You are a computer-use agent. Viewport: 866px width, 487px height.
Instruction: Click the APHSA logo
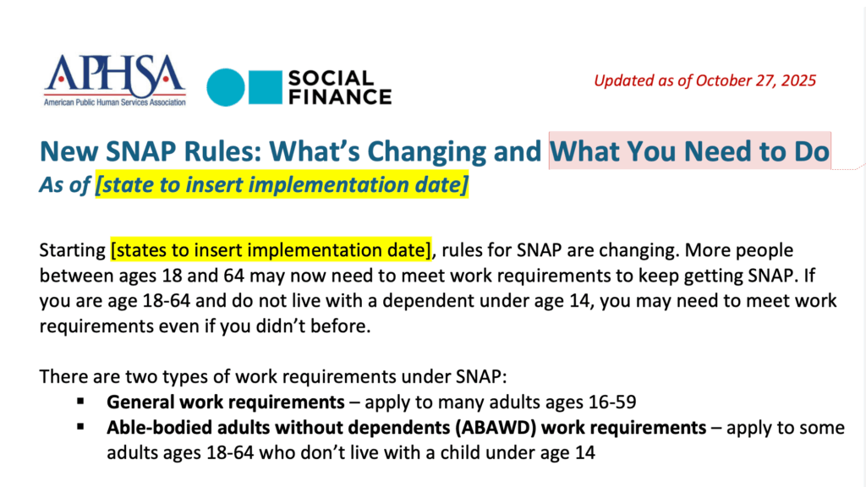click(x=115, y=80)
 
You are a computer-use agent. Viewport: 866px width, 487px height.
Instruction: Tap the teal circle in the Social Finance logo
click(x=225, y=87)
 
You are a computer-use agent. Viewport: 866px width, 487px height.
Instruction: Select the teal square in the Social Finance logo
click(x=266, y=87)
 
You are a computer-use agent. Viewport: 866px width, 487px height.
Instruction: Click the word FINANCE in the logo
click(x=340, y=96)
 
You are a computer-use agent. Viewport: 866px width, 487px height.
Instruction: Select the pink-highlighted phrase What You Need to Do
click(x=690, y=150)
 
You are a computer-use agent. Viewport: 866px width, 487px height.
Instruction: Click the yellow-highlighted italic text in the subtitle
click(x=282, y=184)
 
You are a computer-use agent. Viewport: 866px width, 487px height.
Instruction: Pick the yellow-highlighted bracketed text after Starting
click(x=271, y=250)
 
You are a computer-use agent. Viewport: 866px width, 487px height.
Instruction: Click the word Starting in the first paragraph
click(x=73, y=250)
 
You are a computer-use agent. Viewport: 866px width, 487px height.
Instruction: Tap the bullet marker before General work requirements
click(x=80, y=402)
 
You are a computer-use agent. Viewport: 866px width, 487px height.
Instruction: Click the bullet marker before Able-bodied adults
click(x=80, y=427)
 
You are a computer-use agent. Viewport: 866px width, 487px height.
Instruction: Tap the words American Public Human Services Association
click(x=115, y=102)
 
